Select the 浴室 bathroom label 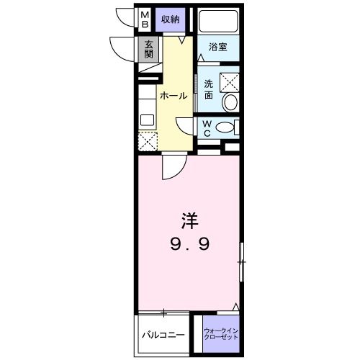point(218,47)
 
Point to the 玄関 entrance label point(148,50)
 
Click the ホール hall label point(174,96)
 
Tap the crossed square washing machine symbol point(230,81)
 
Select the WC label point(206,128)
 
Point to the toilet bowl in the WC point(224,128)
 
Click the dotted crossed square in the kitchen point(147,141)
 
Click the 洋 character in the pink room point(189,217)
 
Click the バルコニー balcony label point(163,335)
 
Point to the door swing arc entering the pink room point(171,168)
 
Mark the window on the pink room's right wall point(243,262)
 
